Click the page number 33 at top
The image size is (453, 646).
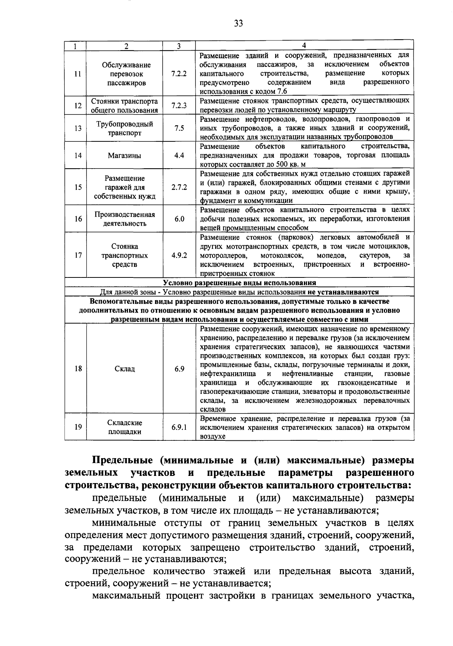point(238,24)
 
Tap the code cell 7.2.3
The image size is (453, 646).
point(179,106)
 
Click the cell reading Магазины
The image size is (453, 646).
point(125,155)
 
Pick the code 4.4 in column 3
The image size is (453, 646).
point(179,155)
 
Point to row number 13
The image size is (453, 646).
point(78,129)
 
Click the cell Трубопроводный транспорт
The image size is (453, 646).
point(125,129)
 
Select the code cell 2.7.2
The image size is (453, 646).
point(179,187)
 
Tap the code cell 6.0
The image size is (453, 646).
point(179,219)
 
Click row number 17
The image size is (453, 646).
point(78,255)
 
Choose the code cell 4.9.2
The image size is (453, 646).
point(179,255)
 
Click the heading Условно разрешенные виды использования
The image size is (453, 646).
point(239,283)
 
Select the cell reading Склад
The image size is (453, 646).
point(125,369)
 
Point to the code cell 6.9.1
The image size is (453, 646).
point(179,427)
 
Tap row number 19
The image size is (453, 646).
point(78,427)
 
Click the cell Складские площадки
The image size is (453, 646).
point(125,427)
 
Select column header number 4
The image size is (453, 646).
point(304,46)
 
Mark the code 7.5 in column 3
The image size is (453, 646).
point(179,129)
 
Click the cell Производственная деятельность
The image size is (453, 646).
point(125,219)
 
